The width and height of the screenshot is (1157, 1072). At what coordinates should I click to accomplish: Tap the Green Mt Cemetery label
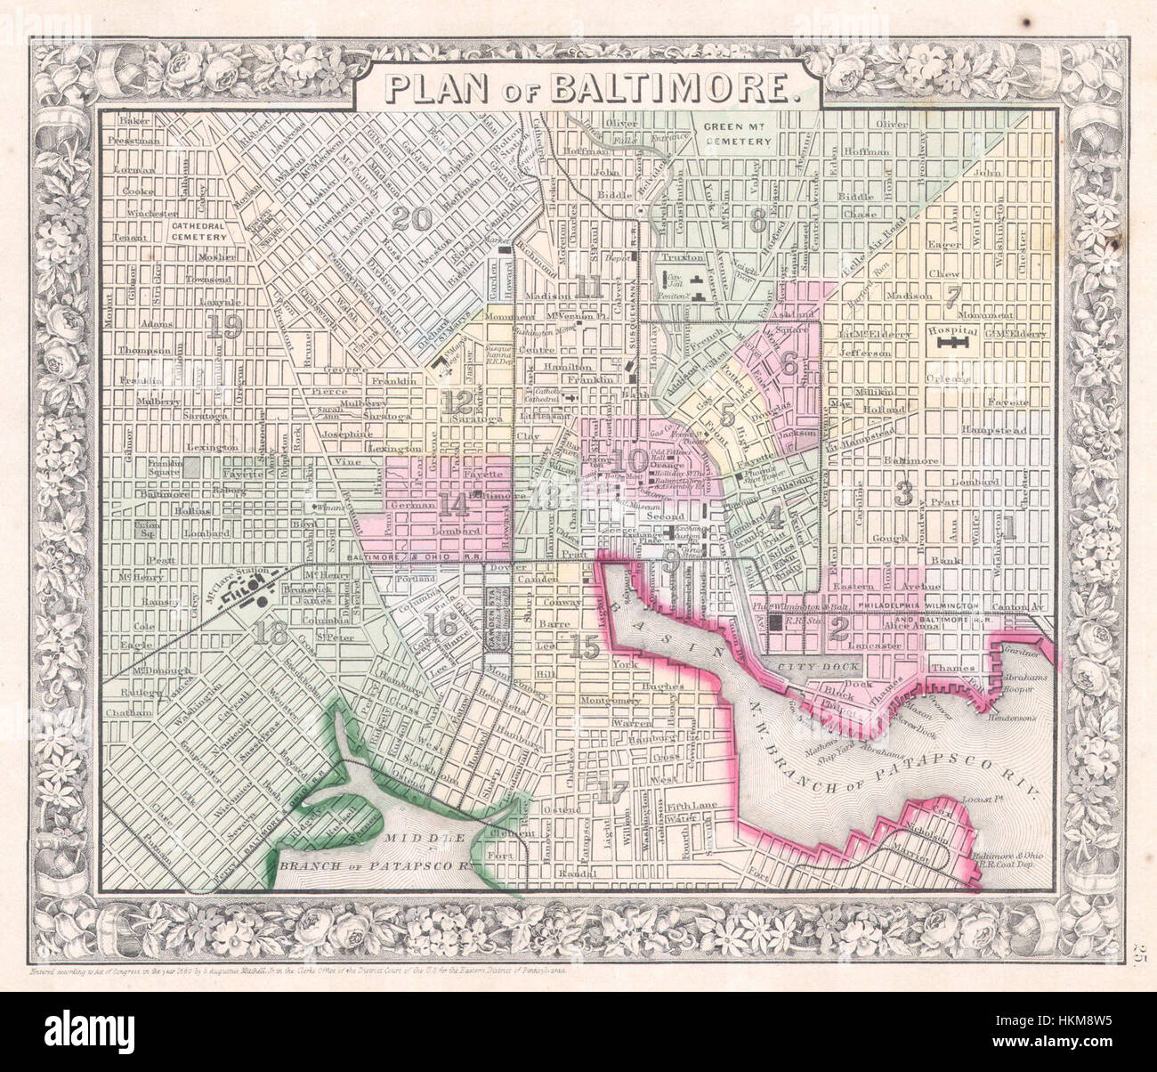[736, 134]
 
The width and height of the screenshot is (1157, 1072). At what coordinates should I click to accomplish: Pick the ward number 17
[611, 791]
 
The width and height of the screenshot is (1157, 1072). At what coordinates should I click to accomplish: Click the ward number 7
[954, 296]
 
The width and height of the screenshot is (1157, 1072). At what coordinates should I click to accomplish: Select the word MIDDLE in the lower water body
[433, 839]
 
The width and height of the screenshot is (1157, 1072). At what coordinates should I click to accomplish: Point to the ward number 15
[584, 648]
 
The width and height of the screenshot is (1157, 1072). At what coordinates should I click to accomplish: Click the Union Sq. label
[146, 530]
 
